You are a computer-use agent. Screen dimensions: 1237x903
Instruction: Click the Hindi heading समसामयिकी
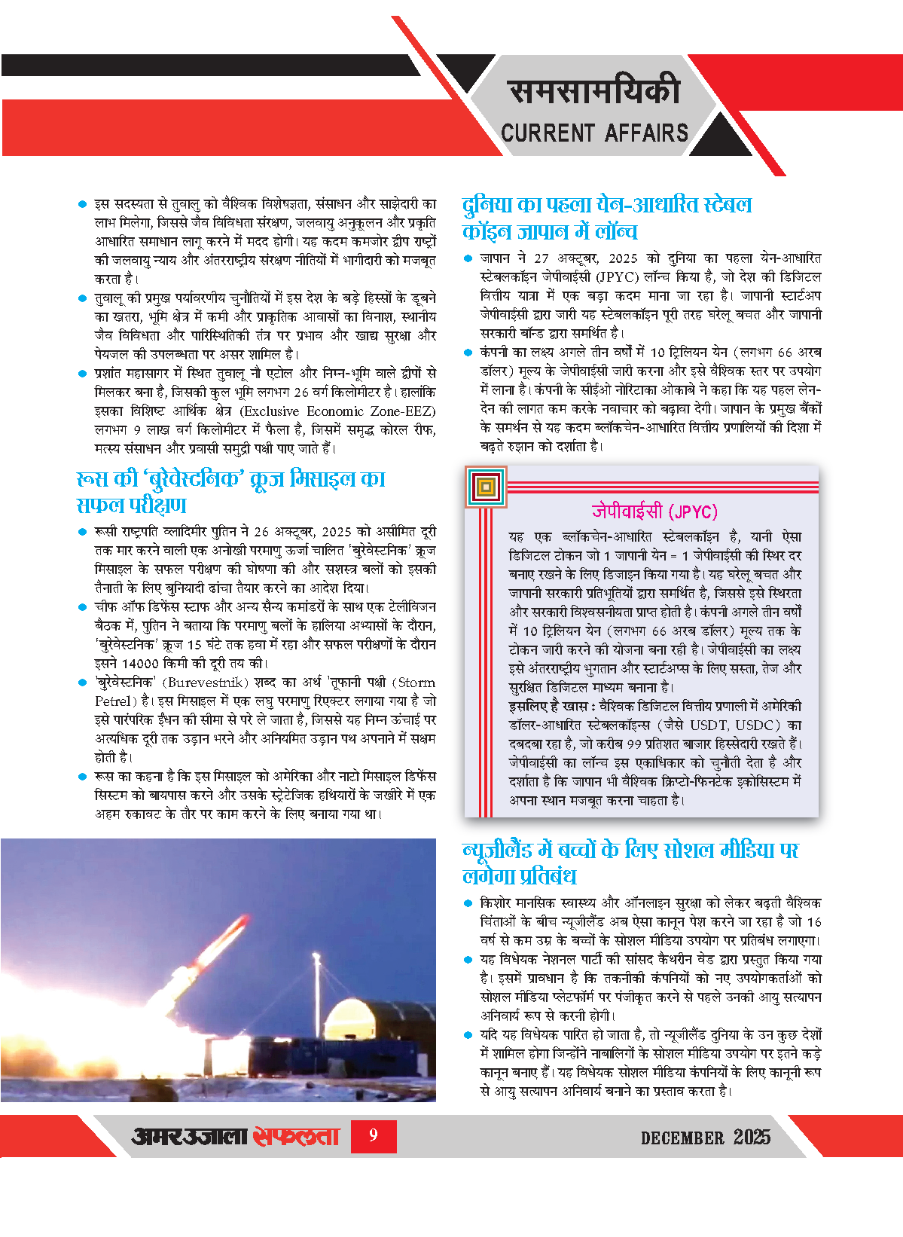[594, 92]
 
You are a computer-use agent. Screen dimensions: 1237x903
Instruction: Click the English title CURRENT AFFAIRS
[594, 133]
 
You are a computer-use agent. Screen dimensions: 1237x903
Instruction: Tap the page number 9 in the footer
[373, 1135]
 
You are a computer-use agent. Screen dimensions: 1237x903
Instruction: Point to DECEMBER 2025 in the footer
[705, 1137]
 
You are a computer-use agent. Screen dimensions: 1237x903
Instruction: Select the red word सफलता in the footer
[296, 1136]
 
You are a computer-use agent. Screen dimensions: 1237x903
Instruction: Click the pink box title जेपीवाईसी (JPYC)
[654, 512]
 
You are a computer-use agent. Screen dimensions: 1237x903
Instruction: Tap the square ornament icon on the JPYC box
[486, 487]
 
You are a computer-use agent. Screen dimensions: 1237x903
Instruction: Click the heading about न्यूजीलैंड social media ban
[630, 863]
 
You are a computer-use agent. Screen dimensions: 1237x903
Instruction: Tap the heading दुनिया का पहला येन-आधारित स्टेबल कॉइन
[606, 218]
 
